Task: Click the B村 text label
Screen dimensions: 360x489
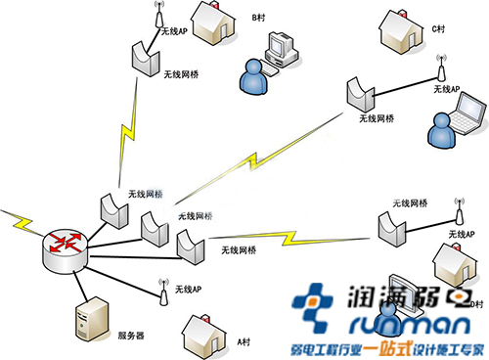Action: point(259,18)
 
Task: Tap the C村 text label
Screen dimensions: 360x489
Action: point(439,29)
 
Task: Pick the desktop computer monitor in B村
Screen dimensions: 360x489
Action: point(283,46)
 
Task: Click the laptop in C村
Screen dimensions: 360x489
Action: point(466,114)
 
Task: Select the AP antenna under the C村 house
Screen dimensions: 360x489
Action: point(440,72)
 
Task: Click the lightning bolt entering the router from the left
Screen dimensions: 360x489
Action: point(18,221)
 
